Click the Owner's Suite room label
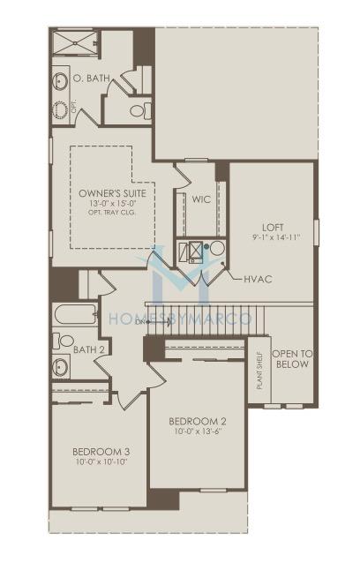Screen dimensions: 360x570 112,193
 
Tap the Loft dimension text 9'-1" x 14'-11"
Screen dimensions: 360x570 276,237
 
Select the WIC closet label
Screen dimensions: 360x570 201,199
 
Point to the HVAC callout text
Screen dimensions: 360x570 258,279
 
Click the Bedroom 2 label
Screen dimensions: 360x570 198,421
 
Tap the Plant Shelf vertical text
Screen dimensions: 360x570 259,370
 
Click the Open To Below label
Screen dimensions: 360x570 292,359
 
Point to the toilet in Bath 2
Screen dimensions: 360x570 64,341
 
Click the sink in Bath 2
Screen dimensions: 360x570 60,366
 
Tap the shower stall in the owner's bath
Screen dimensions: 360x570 75,43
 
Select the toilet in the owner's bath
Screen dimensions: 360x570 140,110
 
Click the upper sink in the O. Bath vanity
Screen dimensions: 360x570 60,80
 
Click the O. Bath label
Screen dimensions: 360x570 91,78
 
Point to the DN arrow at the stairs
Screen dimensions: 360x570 153,322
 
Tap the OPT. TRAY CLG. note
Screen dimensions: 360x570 112,212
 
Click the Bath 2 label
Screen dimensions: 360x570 89,349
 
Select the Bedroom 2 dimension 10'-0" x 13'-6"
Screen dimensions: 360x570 199,431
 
